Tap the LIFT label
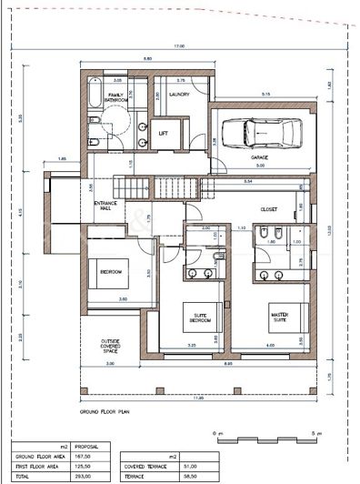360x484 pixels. click(x=164, y=133)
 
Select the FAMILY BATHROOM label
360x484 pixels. click(x=116, y=97)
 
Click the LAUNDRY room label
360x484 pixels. click(x=177, y=95)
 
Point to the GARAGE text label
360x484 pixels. click(x=259, y=156)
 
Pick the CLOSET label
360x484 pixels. click(x=268, y=208)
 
